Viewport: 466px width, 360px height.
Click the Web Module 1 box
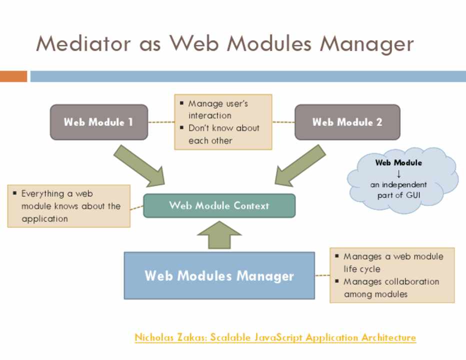click(x=98, y=122)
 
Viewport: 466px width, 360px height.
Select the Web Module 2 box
click(x=347, y=122)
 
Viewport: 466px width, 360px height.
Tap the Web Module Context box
click(x=219, y=205)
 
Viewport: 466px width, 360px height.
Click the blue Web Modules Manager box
click(x=219, y=275)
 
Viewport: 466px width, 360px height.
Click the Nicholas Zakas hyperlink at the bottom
click(x=275, y=337)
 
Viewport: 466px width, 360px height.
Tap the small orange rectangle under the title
click(x=13, y=76)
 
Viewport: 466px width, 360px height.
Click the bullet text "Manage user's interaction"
click(x=218, y=109)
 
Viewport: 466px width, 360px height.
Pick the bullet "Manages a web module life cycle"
click(x=392, y=262)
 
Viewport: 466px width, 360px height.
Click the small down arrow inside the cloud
click(x=398, y=174)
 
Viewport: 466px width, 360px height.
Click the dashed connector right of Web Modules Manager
click(x=322, y=275)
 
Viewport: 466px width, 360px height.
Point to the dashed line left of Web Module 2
click(x=283, y=122)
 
